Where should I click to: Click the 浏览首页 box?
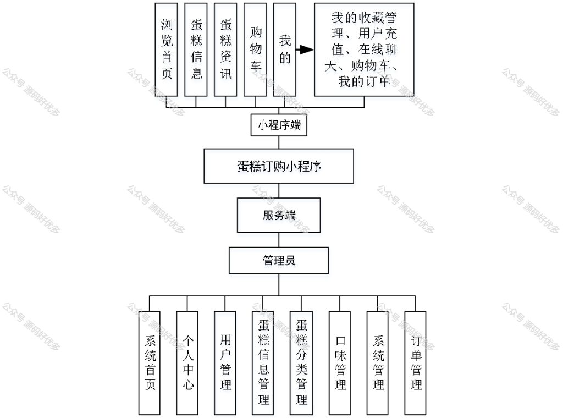(x=166, y=50)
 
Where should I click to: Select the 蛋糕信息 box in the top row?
(x=196, y=50)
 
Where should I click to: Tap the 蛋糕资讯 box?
(x=225, y=50)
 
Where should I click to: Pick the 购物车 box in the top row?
(x=255, y=50)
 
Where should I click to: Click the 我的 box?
(x=284, y=50)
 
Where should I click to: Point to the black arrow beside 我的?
(x=305, y=50)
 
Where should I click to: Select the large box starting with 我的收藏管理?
(x=364, y=50)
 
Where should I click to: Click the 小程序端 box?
(x=279, y=125)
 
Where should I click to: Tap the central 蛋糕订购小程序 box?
(x=279, y=166)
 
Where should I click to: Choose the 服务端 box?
(x=279, y=215)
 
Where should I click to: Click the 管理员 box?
(x=279, y=260)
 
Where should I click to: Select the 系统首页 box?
(x=150, y=362)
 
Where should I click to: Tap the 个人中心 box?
(x=187, y=362)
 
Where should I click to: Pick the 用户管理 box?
(x=225, y=362)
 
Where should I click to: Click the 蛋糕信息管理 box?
(x=263, y=362)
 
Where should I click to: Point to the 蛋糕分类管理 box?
(x=301, y=362)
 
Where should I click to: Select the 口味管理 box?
(x=340, y=362)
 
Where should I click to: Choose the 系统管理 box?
(x=377, y=362)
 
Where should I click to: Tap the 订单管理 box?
(x=416, y=362)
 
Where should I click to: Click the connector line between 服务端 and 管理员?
(x=279, y=240)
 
